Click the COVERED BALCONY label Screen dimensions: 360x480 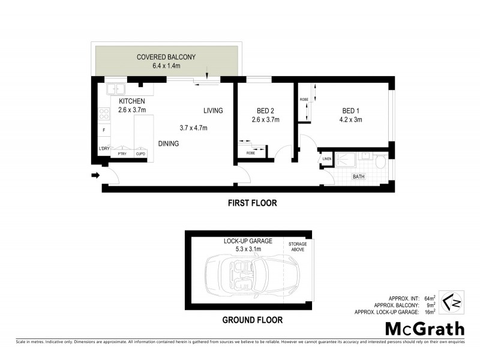pos(166,57)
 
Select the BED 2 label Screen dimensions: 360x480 pos(265,111)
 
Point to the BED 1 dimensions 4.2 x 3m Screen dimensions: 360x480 pos(352,119)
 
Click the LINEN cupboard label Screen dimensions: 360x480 pos(327,159)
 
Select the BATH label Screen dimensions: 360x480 pos(358,177)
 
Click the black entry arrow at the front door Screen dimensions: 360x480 pos(94,175)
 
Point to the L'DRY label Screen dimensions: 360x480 pos(103,148)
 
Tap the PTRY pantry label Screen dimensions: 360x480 pos(122,154)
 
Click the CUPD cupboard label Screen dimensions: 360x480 pos(140,154)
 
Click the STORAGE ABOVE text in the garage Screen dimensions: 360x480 pos(298,247)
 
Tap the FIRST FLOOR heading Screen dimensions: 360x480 pos(252,203)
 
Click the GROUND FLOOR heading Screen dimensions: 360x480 pos(252,320)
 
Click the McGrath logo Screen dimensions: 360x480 pos(424,329)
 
